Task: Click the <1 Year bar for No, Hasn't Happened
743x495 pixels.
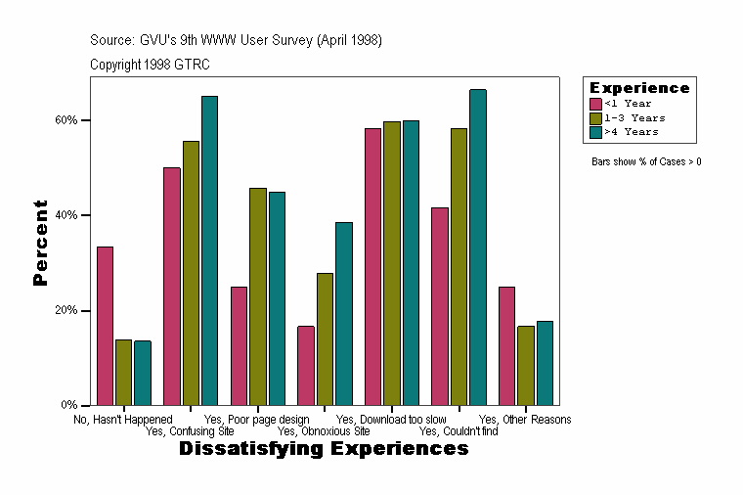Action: (105, 326)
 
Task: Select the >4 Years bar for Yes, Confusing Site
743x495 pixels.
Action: (209, 250)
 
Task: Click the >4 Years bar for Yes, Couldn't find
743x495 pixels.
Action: (477, 247)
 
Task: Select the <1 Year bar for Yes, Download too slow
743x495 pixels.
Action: (372, 266)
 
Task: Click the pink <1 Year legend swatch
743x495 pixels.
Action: (595, 104)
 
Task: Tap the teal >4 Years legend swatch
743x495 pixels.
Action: (595, 131)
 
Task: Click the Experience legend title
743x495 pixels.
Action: (639, 88)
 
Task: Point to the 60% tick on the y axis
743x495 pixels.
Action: (86, 120)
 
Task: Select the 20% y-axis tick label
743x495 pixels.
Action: (66, 310)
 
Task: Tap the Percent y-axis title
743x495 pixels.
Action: (40, 242)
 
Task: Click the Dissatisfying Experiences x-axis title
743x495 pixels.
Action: (324, 449)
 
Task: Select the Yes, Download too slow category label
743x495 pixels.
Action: (391, 420)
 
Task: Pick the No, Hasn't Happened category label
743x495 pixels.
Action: (123, 420)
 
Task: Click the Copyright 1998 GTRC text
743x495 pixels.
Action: (150, 65)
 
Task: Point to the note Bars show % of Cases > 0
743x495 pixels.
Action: (646, 161)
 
